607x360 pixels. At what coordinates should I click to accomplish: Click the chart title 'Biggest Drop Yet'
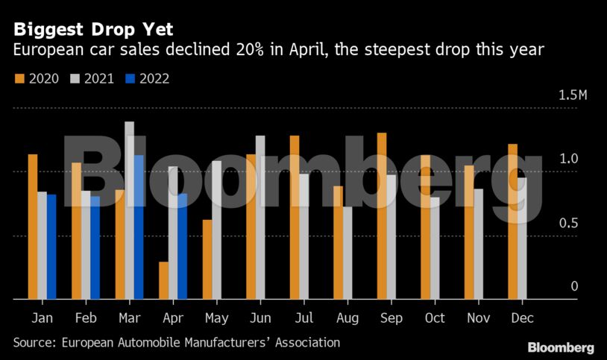click(93, 30)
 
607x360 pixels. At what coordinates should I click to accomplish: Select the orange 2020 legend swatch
click(19, 78)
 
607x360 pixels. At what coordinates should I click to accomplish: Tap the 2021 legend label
click(99, 78)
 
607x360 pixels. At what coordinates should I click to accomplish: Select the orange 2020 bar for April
click(163, 280)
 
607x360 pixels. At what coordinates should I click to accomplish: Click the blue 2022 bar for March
click(139, 227)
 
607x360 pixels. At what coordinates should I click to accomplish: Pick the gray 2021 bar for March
click(129, 210)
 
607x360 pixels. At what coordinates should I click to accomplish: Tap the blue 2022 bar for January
click(51, 247)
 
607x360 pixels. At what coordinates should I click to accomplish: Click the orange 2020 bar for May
click(207, 259)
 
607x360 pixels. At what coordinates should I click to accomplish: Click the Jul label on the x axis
click(303, 318)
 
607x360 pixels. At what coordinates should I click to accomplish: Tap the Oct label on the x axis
click(434, 318)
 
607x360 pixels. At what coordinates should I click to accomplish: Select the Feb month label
click(85, 318)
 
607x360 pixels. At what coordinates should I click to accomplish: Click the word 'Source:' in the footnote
click(34, 343)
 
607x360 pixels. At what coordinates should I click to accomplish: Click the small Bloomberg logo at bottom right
click(561, 347)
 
